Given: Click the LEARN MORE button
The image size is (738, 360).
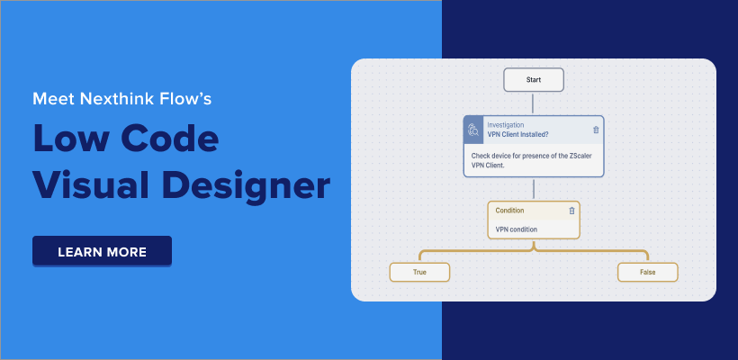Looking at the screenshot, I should [102, 251].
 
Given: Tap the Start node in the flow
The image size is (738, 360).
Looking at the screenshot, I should [534, 80].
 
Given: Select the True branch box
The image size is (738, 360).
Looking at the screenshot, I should [419, 271].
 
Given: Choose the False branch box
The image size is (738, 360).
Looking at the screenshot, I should [647, 271].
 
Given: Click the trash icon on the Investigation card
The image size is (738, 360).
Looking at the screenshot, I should [596, 130].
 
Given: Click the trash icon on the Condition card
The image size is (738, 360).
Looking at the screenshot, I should [571, 211].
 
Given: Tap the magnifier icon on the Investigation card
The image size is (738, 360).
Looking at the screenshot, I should [473, 130].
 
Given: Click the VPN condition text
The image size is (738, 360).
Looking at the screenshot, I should [517, 229].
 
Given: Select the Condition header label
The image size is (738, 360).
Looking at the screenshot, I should [509, 211].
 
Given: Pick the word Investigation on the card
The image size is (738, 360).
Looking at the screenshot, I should [506, 124].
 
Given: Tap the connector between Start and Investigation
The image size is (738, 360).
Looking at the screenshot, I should [534, 103].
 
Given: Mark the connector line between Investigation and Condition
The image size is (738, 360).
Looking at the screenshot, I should [534, 188].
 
